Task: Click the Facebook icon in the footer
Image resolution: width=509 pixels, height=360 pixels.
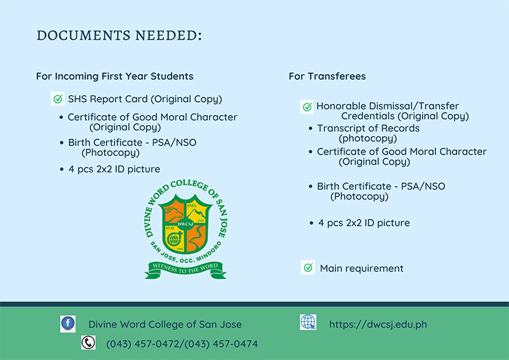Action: (68, 324)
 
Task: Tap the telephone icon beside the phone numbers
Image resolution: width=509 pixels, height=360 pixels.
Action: (88, 342)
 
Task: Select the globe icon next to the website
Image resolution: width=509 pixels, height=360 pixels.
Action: (308, 322)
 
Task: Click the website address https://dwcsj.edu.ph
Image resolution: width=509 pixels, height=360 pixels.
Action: (378, 324)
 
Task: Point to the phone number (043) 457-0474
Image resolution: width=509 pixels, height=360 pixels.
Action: (221, 344)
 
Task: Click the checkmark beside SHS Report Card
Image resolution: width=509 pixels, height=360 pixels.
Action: (58, 99)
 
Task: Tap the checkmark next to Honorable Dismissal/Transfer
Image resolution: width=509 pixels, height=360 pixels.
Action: (307, 107)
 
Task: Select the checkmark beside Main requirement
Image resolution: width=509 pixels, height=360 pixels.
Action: (308, 267)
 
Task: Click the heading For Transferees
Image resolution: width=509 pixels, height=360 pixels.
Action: (327, 76)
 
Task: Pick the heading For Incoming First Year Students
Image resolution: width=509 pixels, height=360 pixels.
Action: (114, 76)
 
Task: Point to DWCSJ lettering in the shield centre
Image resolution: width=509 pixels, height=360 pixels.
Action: (185, 224)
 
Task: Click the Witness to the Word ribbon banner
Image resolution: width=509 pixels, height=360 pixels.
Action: (185, 270)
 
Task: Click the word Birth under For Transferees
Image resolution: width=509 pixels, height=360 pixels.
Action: (328, 186)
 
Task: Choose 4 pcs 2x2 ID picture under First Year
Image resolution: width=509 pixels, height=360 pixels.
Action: (114, 169)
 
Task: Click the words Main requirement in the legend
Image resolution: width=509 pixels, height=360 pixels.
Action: (362, 269)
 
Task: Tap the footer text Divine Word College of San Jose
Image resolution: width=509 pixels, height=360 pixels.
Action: (165, 324)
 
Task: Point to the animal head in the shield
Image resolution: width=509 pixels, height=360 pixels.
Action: (174, 213)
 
